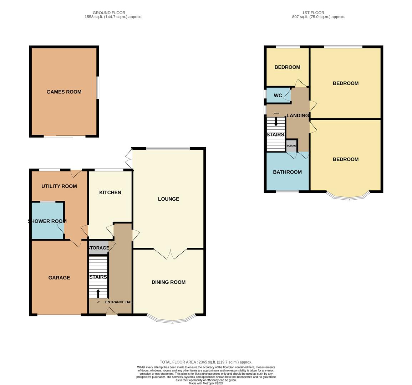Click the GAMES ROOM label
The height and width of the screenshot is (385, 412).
pyautogui.click(x=64, y=92)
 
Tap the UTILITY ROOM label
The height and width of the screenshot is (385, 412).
pyautogui.click(x=59, y=186)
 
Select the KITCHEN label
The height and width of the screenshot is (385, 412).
pyautogui.click(x=110, y=192)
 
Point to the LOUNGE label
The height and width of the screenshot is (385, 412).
pyautogui.click(x=168, y=199)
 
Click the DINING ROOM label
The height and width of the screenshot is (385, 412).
pyautogui.click(x=168, y=282)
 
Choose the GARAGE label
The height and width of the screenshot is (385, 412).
pyautogui.click(x=59, y=278)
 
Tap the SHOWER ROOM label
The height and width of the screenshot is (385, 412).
pyautogui.click(x=47, y=221)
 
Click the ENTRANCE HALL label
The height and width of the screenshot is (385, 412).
pyautogui.click(x=120, y=302)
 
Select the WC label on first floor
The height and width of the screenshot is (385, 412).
pyautogui.click(x=278, y=95)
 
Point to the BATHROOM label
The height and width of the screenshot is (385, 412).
pyautogui.click(x=287, y=172)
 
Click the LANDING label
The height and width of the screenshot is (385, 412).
pyautogui.click(x=298, y=115)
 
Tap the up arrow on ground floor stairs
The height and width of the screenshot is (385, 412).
pyautogui.click(x=98, y=294)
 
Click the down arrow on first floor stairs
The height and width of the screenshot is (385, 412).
pyautogui.click(x=276, y=122)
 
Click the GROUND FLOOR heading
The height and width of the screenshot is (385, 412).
pyautogui.click(x=109, y=12)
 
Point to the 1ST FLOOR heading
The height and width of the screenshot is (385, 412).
pyautogui.click(x=313, y=12)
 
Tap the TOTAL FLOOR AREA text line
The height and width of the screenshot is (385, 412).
pyautogui.click(x=206, y=362)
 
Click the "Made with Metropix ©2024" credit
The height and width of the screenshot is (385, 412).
pyautogui.click(x=206, y=383)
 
